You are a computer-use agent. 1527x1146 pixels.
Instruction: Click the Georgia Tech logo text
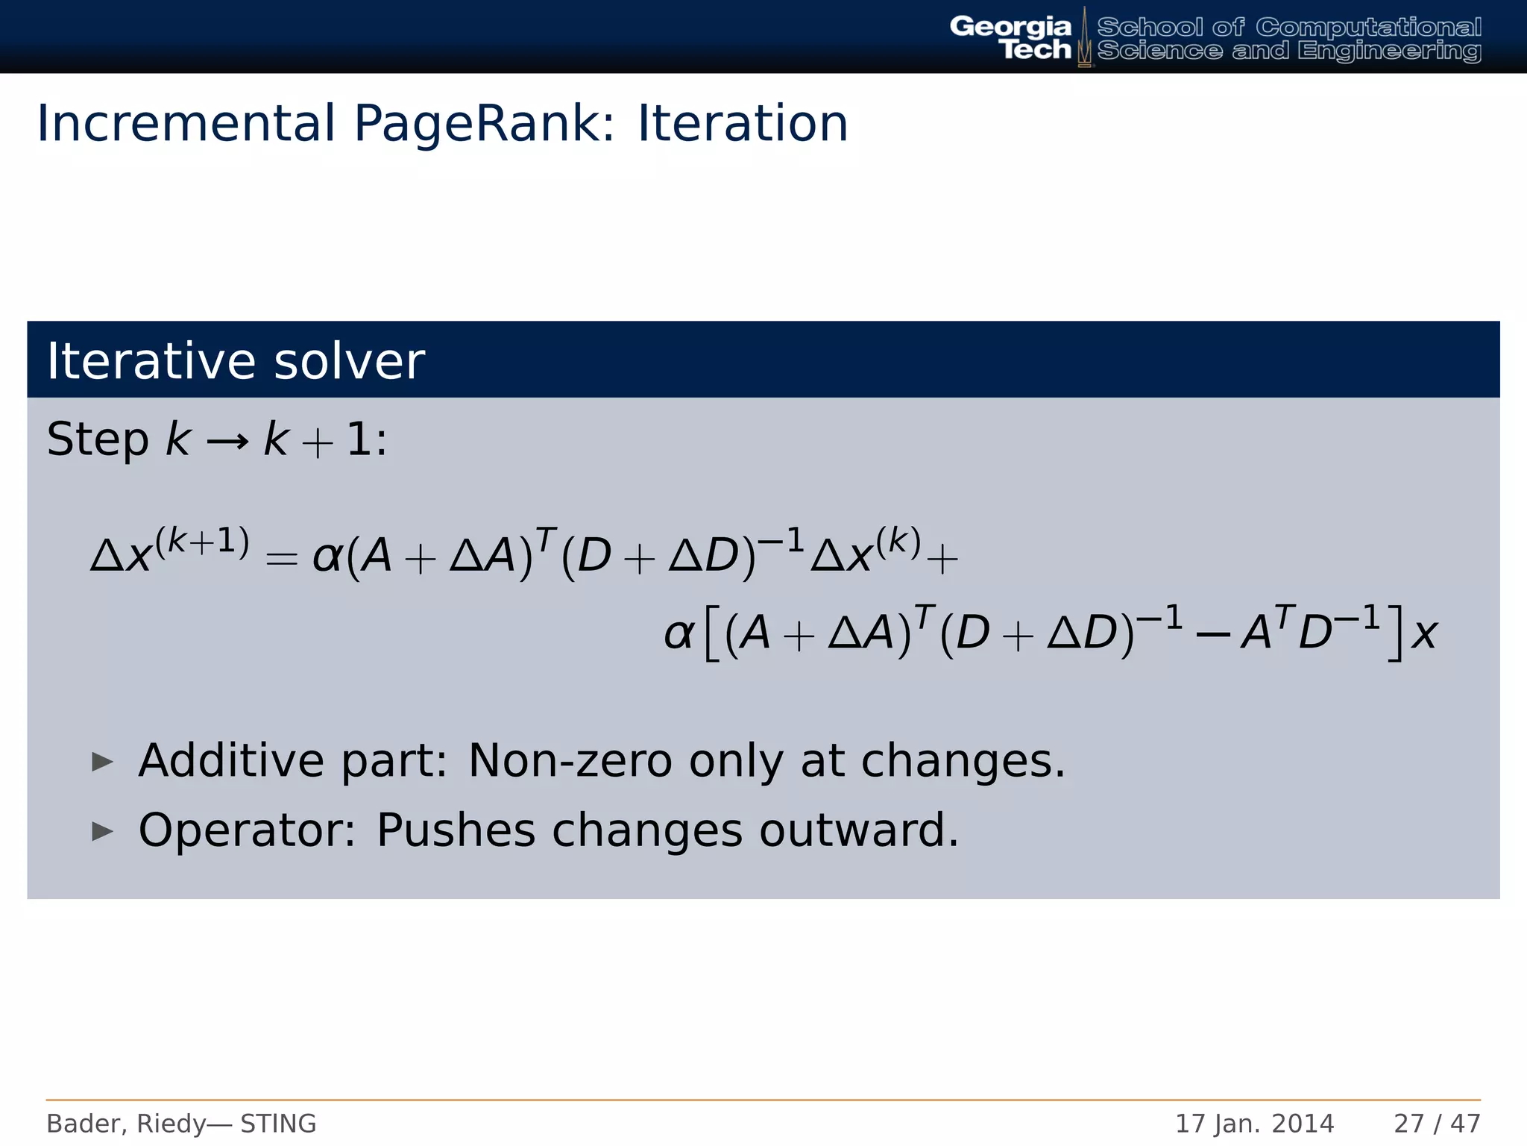1010,37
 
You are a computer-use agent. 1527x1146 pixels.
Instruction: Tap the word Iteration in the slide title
743,124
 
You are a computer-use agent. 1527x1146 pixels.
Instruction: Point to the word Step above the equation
97,440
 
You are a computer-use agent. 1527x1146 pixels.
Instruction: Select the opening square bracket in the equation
711,634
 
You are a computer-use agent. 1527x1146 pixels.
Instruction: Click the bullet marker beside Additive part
102,762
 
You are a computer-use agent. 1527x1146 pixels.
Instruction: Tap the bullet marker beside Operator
102,831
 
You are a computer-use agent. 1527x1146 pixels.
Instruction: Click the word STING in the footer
278,1124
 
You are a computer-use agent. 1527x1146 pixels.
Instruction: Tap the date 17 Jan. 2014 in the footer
1254,1124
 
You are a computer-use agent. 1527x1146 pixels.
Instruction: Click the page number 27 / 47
1437,1124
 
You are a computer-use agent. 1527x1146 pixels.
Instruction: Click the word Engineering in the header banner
1388,51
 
